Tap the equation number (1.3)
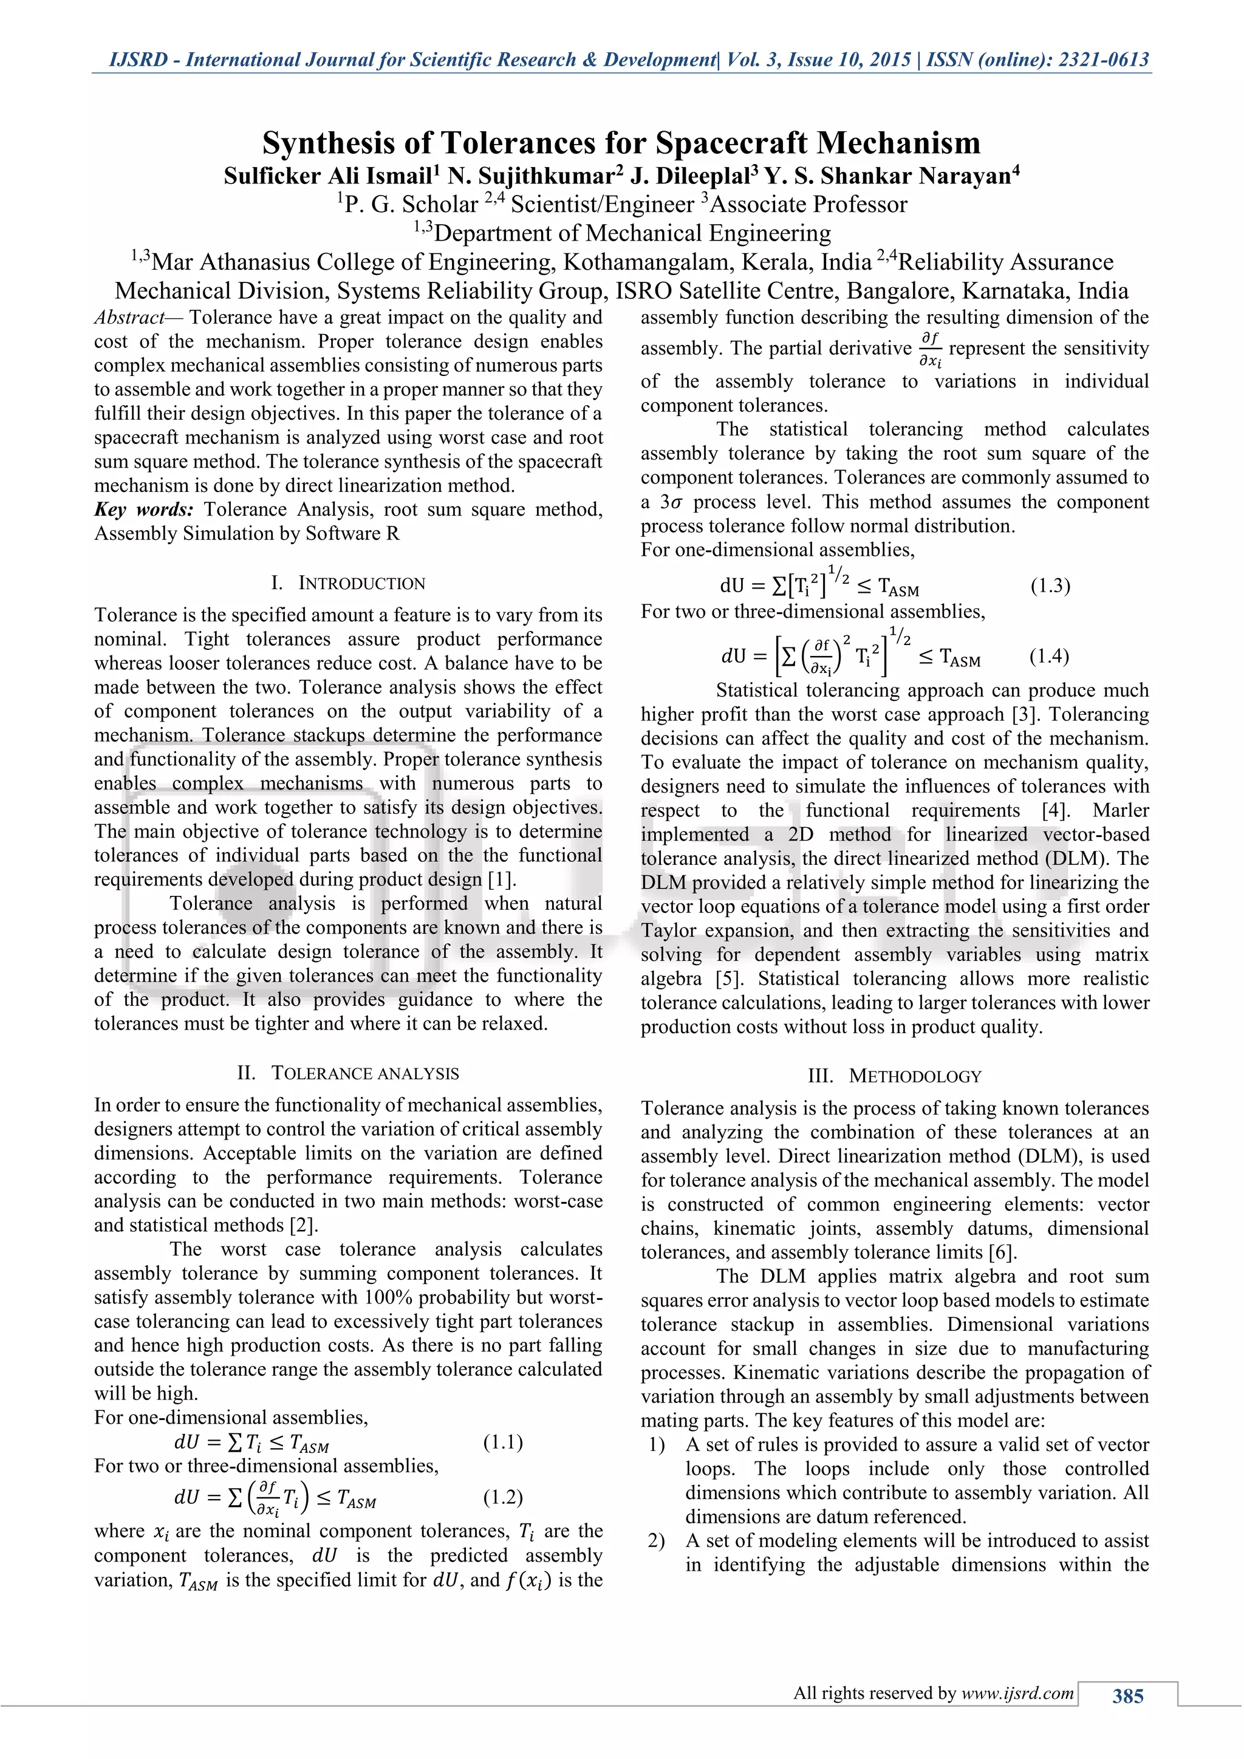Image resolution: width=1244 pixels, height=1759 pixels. [x=1050, y=586]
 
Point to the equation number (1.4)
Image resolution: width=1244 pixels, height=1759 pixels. [x=1048, y=656]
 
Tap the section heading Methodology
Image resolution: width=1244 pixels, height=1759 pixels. [x=915, y=1076]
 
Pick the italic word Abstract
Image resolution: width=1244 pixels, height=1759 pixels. [x=129, y=318]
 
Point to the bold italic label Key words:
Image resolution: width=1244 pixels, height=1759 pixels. [x=143, y=510]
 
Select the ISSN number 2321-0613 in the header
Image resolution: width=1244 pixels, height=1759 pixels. [x=1103, y=60]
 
